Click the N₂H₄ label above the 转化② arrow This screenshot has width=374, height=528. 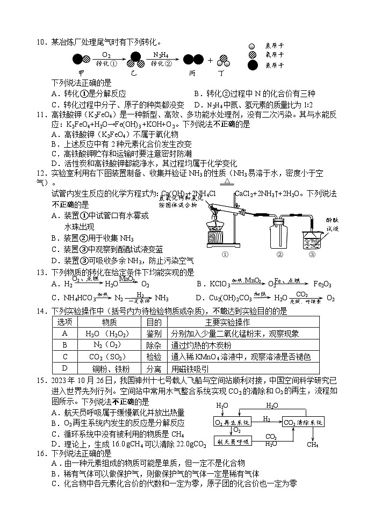tap(160, 54)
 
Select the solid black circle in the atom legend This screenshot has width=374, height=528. tap(253, 66)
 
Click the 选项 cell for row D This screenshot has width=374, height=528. tap(64, 368)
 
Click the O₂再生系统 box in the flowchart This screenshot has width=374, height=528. tap(233, 423)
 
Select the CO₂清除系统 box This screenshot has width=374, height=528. tap(303, 423)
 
